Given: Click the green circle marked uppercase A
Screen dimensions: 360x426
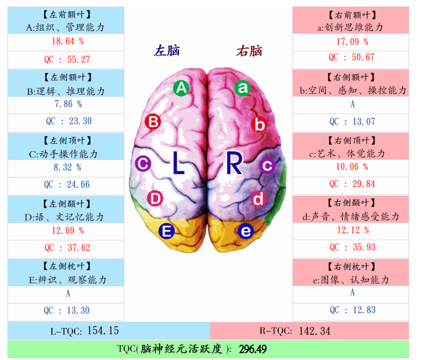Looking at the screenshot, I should (181, 88).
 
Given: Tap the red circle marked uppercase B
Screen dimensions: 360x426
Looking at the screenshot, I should (152, 122).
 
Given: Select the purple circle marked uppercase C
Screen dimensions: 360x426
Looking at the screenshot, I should (143, 164).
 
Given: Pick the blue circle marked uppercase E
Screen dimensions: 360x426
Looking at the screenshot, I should (167, 231).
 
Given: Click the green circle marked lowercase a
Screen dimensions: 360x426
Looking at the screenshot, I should (243, 87).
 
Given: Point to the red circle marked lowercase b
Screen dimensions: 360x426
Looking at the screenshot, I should (259, 124).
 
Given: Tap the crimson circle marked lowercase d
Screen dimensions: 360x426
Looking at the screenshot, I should (258, 199).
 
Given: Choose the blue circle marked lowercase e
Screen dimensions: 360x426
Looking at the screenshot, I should (245, 231).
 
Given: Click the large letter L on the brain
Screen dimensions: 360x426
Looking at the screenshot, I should (179, 164).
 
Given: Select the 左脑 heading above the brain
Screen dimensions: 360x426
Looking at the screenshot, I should (167, 51).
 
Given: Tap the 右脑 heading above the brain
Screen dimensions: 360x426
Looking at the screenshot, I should (249, 51).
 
